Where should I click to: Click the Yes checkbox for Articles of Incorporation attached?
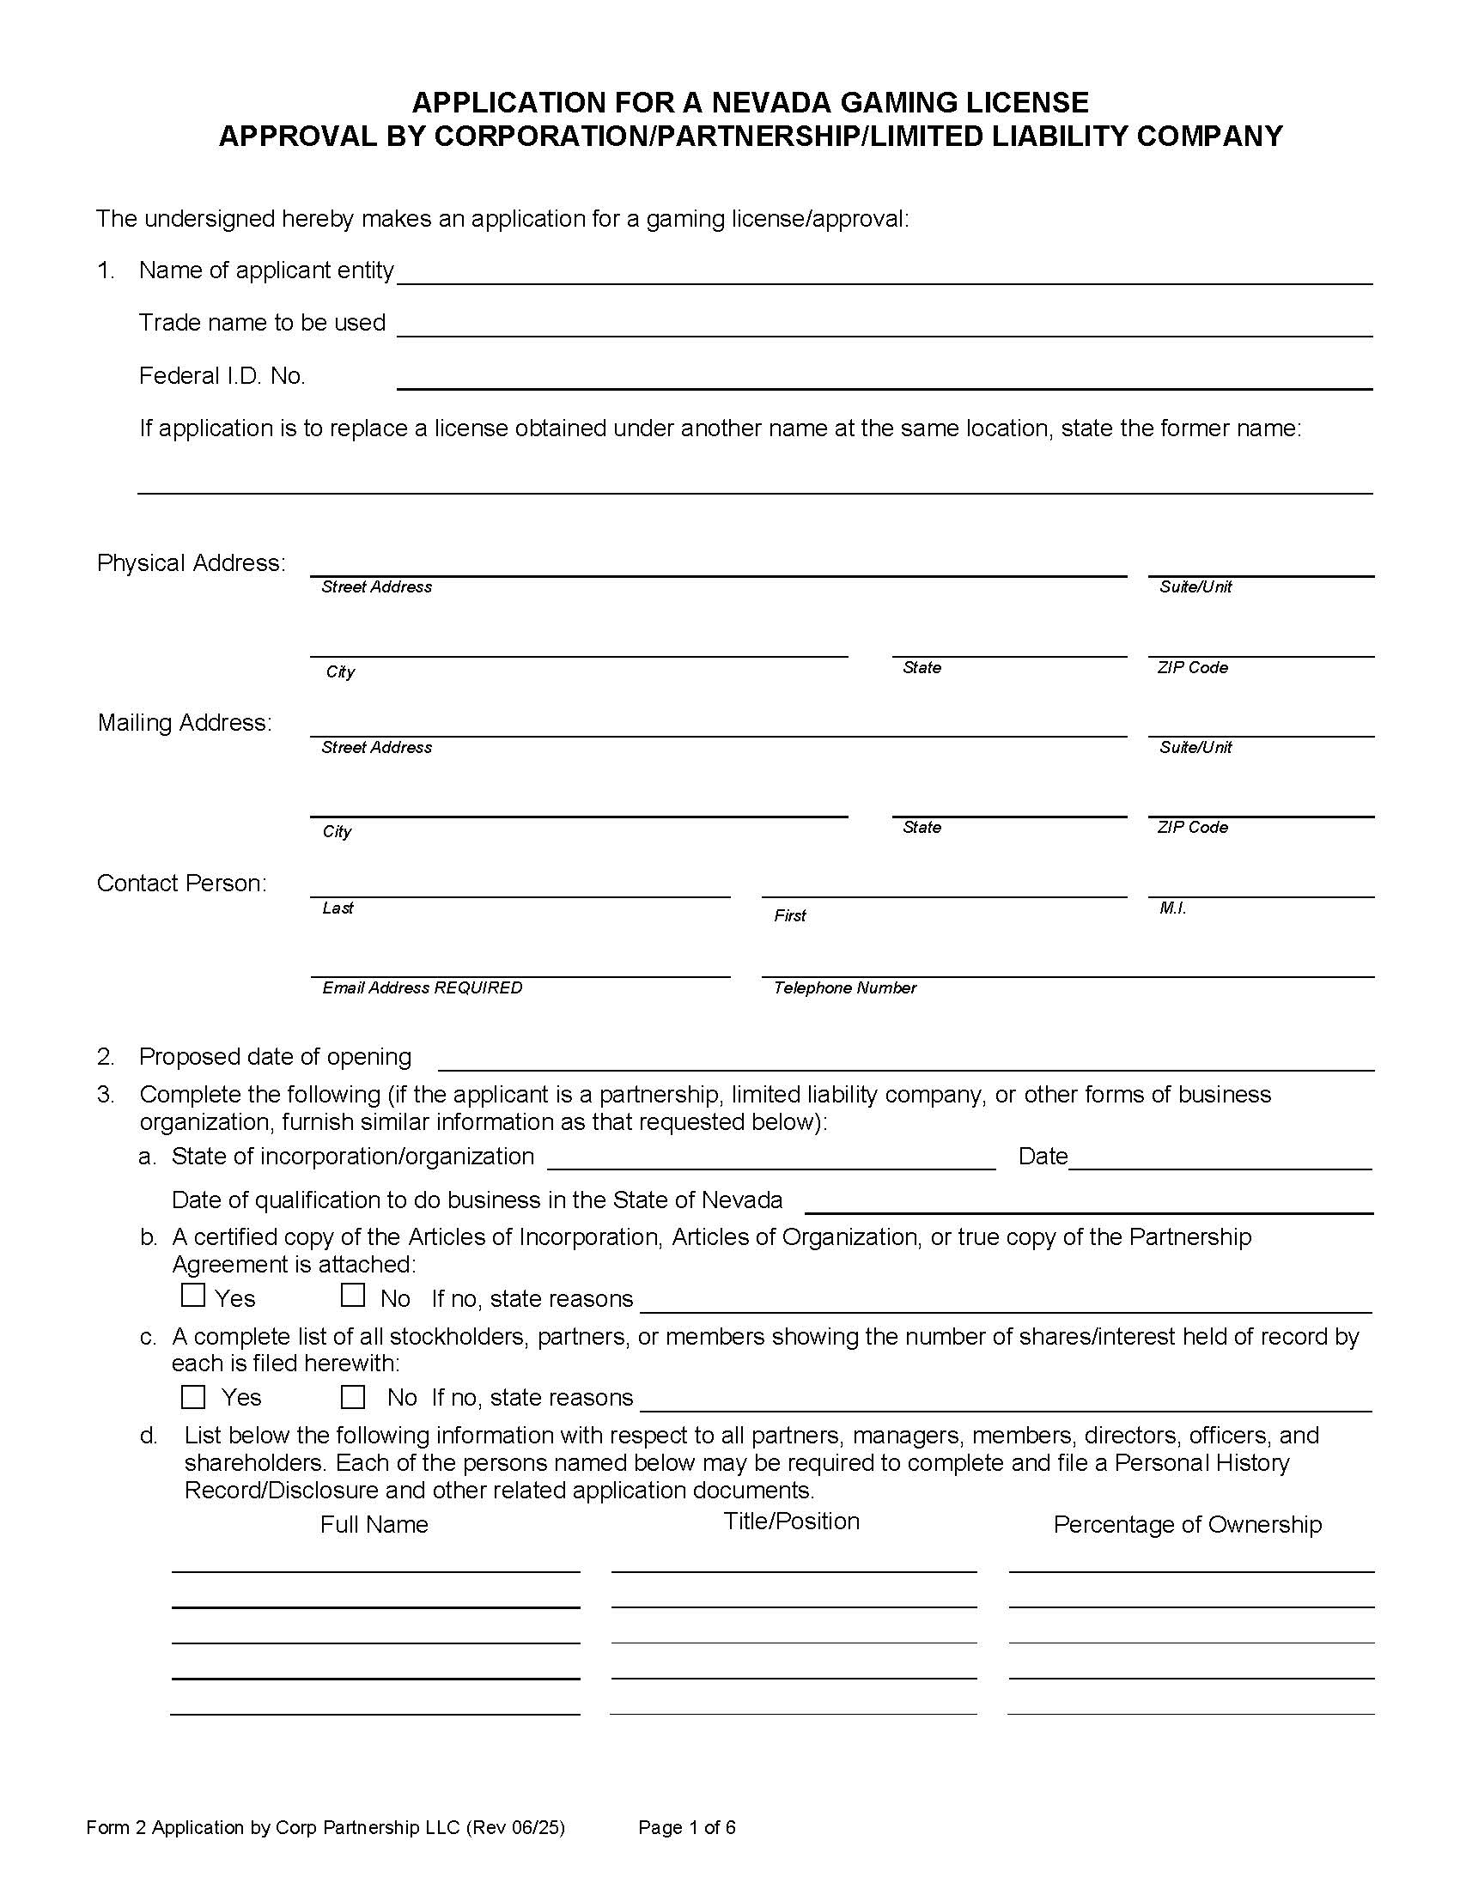193,1296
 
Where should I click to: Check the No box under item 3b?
352,1296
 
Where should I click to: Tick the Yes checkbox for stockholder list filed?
193,1397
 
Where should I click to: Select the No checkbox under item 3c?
352,1397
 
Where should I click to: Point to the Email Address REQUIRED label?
422,987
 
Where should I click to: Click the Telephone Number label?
844,987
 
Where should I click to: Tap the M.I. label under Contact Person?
1172,908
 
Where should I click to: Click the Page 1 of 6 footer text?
687,1826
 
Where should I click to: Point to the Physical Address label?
192,563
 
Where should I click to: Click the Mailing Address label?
185,722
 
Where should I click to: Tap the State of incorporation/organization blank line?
770,1161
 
